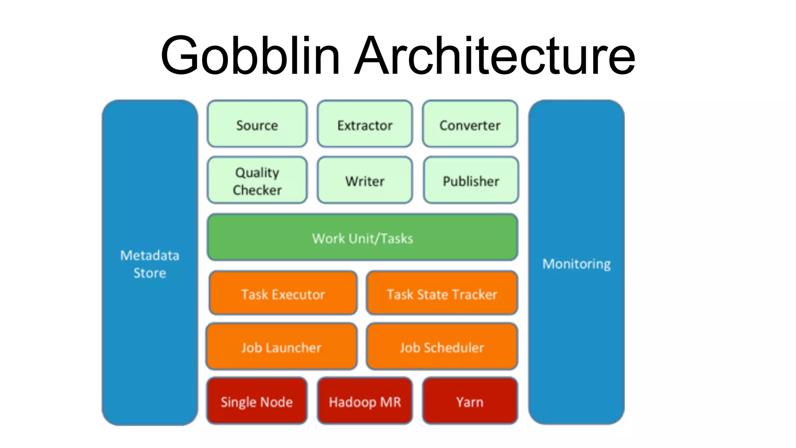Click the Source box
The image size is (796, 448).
[x=257, y=124]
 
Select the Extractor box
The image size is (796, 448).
[x=365, y=124]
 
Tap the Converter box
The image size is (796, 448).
[x=470, y=124]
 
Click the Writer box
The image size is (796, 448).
[x=365, y=180]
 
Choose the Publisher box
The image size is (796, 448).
[x=471, y=180]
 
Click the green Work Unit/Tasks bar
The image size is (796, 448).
[x=362, y=237]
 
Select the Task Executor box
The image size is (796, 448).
[x=283, y=294]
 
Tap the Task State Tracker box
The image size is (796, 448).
[x=442, y=294]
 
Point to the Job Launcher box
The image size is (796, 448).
[x=281, y=346]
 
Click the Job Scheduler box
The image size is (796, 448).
[x=442, y=346]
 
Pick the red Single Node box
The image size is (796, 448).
[x=257, y=401]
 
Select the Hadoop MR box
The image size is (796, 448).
[x=365, y=401]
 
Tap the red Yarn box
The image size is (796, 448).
[x=470, y=401]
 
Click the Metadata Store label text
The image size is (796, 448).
[x=150, y=264]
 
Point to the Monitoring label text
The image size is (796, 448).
[x=576, y=264]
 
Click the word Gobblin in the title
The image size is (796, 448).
[x=250, y=55]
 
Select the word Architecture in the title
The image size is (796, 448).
[x=494, y=55]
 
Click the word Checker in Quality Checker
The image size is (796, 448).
[x=257, y=190]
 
